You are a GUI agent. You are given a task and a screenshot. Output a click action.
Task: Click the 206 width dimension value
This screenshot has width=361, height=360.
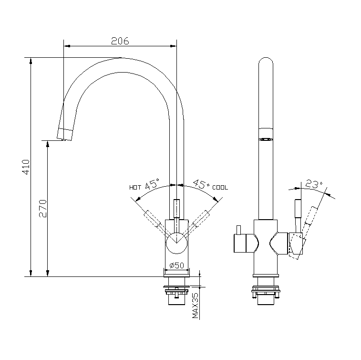tap(120, 41)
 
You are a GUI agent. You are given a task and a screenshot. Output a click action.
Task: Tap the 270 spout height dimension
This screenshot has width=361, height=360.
tap(42, 209)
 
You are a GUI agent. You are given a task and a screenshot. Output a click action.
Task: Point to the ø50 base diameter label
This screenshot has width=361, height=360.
tap(177, 265)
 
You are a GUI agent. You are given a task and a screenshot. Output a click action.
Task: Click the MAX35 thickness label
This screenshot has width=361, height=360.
tap(195, 306)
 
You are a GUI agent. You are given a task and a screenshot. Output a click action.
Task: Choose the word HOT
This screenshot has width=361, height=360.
tap(135, 188)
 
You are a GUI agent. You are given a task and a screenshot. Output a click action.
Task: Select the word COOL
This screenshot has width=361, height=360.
tap(220, 188)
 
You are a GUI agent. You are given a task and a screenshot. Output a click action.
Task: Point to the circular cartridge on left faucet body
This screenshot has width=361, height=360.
tap(177, 243)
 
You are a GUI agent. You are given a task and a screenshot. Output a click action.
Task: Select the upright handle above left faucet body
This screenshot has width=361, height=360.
tap(177, 209)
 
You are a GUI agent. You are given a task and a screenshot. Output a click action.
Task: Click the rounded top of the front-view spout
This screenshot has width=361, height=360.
tap(266, 64)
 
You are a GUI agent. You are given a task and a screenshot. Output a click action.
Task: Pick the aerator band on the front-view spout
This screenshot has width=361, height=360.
tap(266, 134)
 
